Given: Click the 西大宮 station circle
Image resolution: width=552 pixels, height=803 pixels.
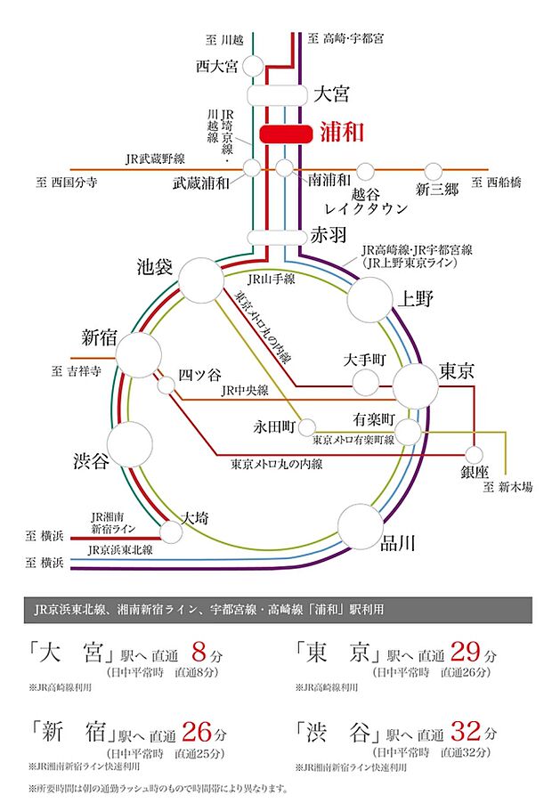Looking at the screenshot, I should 253,65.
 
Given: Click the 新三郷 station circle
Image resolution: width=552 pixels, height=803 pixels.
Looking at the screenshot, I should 434,170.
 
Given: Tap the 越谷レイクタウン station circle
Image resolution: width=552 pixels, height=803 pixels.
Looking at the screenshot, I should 366,170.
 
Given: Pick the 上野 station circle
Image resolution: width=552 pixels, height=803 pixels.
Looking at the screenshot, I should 370,298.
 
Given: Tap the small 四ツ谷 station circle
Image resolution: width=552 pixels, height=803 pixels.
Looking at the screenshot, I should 166,385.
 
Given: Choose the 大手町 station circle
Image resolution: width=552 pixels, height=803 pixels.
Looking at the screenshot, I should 366,383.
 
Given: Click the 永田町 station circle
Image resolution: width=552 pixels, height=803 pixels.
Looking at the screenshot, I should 308,425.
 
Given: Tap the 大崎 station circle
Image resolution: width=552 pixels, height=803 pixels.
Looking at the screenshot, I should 173,531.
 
